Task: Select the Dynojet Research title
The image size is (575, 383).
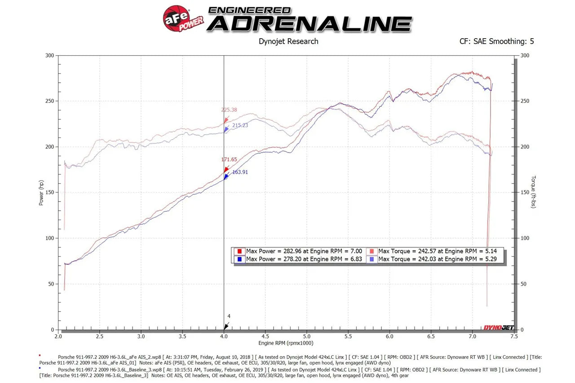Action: coord(288,41)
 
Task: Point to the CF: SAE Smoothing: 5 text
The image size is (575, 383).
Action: coord(496,41)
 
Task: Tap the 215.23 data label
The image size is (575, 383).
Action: coord(240,125)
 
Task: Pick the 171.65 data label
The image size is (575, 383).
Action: coord(229,159)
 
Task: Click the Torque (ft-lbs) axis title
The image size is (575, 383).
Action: coord(533,192)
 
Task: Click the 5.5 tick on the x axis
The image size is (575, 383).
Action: coord(348,336)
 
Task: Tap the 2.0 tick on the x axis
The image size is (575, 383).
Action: coord(58,336)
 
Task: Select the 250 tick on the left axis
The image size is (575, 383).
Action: coord(49,101)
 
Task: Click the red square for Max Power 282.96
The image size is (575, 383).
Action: coord(239,251)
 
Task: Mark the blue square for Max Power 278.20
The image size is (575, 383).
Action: coord(239,259)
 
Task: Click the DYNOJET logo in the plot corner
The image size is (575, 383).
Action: coord(498,327)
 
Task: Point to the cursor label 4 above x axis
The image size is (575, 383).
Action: coord(229,317)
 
